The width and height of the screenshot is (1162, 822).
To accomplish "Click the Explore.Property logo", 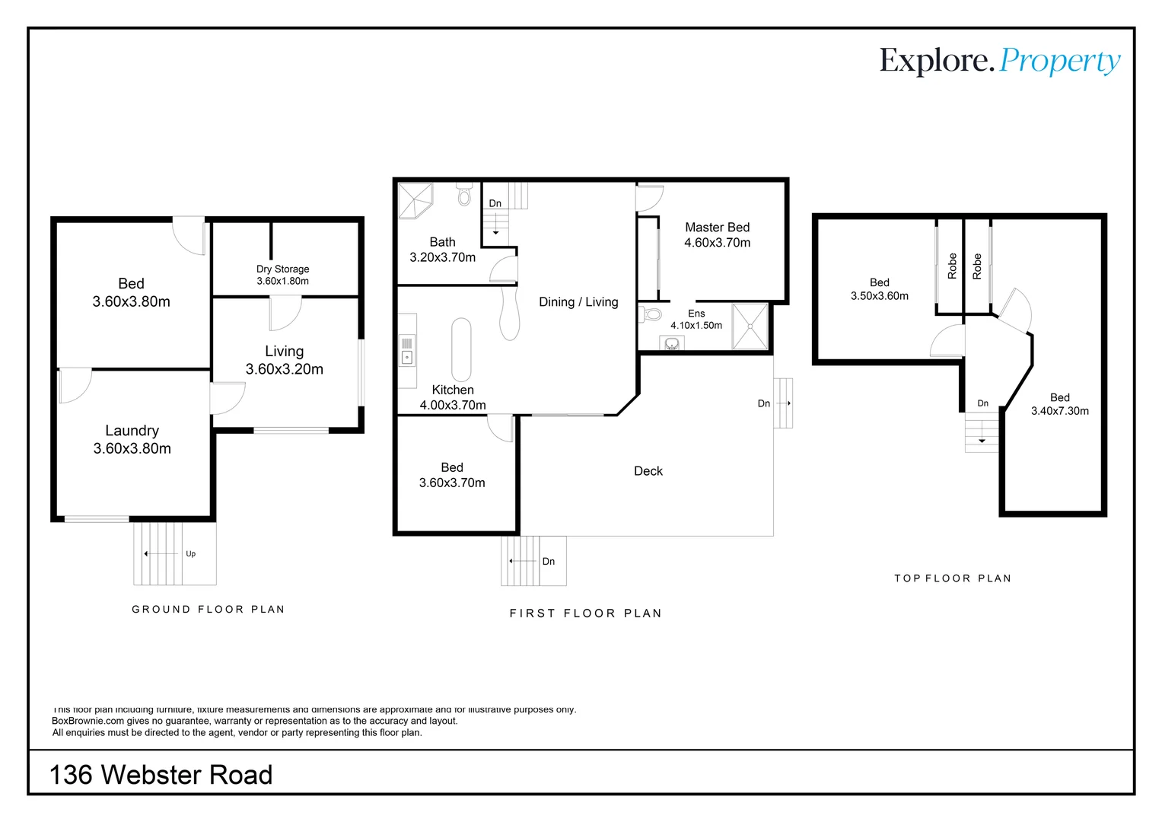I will pos(999,61).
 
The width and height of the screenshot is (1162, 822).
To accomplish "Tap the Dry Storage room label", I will pos(282,275).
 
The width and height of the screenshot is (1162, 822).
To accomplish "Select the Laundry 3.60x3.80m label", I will pos(132,440).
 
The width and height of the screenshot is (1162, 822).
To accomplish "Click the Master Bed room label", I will pos(717,235).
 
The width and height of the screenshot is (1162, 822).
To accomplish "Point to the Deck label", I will pos(648,471).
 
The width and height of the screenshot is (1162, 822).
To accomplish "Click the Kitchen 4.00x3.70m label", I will pos(453,397).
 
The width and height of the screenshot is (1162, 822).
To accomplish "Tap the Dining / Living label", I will pos(578,302).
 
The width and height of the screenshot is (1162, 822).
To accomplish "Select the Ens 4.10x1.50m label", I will pos(696,320).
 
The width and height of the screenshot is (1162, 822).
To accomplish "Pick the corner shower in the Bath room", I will pos(415,199).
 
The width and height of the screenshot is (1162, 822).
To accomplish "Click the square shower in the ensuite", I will pos(750,327).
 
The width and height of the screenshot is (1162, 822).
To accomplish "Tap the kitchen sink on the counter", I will pos(407,357).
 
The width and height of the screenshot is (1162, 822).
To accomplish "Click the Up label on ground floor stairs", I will pos(190,554).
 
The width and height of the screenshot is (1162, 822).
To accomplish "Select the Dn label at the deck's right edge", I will pos(763,403).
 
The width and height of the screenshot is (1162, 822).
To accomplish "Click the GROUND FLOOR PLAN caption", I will pos(208,610).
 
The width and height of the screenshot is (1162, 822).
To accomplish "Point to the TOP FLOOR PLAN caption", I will pos(952,578).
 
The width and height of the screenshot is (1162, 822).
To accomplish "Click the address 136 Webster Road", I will pos(161,775).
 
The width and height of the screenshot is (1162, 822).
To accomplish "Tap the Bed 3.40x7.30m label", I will pos(1059,404).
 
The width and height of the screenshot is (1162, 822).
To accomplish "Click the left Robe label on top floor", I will pos(952,266).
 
